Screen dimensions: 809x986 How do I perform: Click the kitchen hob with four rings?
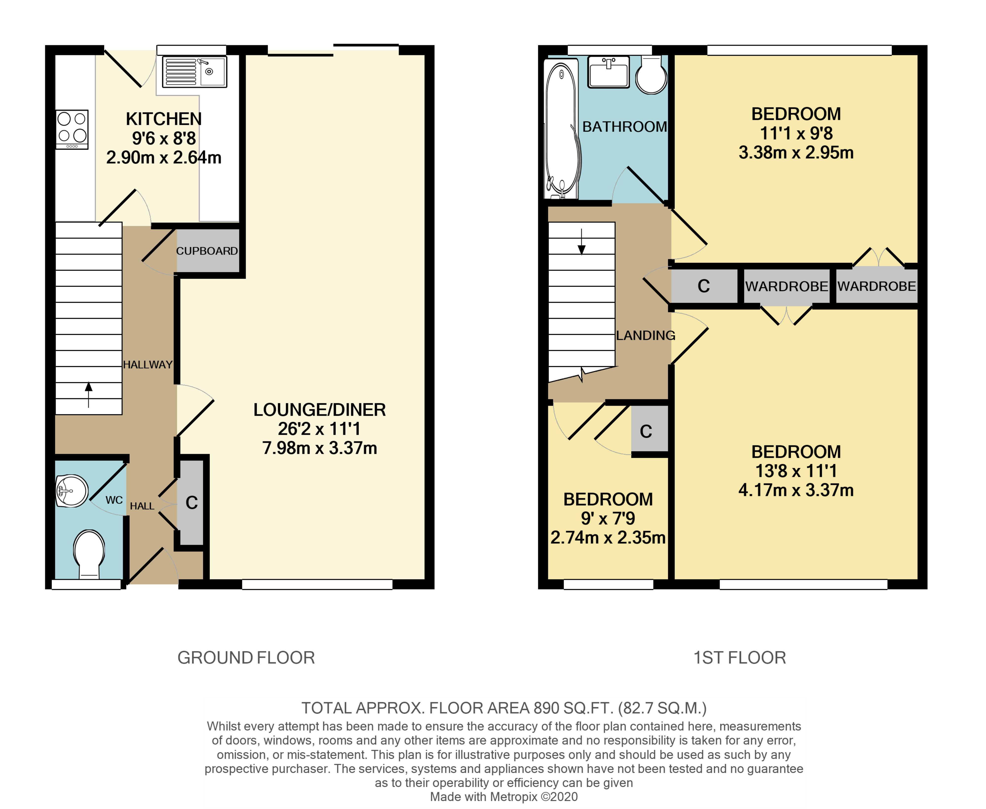click(72, 129)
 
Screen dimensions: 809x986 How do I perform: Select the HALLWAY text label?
click(148, 365)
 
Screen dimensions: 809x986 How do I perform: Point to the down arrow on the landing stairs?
click(581, 242)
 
